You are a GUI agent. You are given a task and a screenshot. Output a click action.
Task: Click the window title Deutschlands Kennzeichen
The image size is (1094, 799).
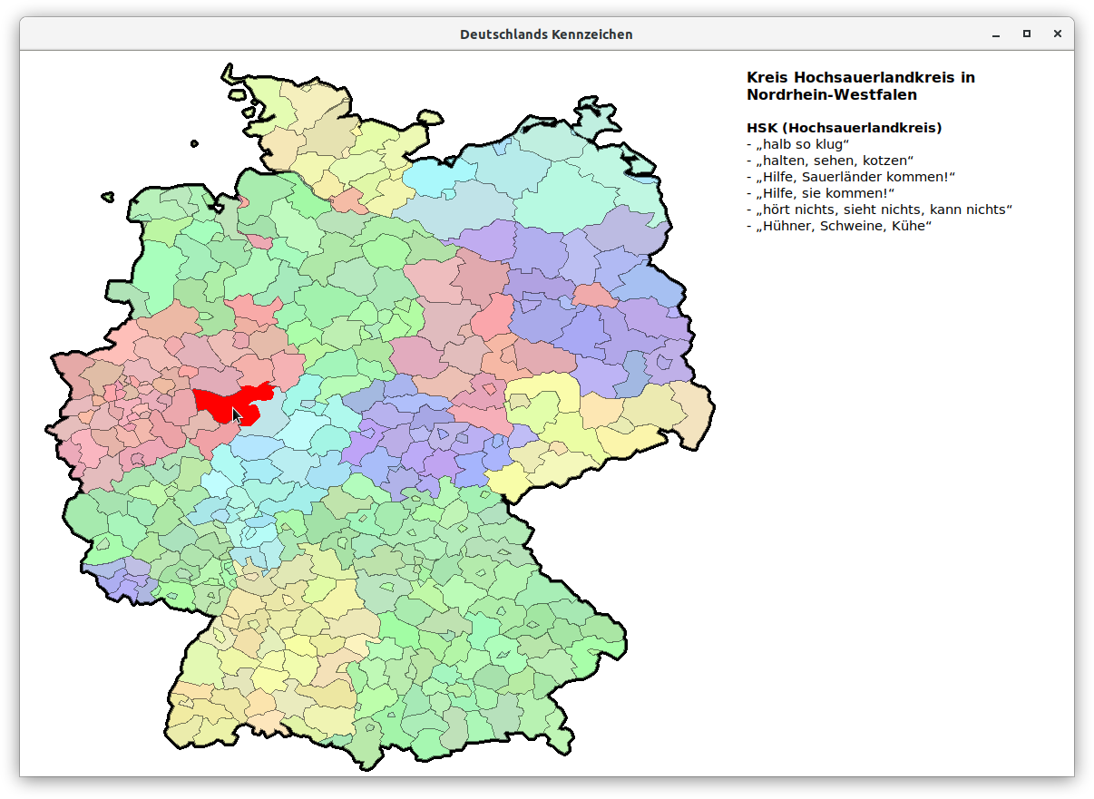coord(546,34)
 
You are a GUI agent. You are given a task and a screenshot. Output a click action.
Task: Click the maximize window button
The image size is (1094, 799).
coord(1027,34)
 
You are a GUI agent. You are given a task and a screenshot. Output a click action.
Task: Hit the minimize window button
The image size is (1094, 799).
coord(996,34)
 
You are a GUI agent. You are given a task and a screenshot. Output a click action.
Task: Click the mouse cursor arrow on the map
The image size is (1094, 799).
coord(236,415)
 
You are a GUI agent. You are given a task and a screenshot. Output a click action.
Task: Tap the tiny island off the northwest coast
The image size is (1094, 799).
coord(194,143)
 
